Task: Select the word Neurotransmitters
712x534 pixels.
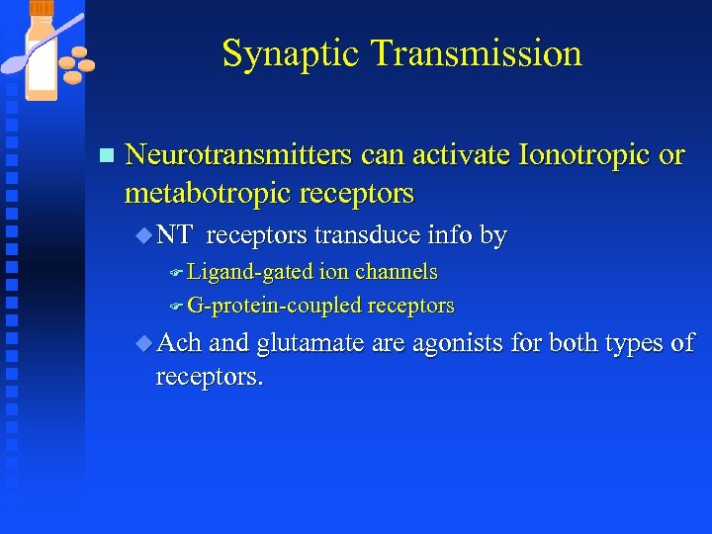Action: [x=238, y=155]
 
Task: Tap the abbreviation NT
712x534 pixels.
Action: [x=174, y=235]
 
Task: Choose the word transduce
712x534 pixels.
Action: [x=369, y=235]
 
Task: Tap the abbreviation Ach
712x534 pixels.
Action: [x=179, y=343]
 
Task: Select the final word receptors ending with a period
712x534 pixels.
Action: [x=209, y=377]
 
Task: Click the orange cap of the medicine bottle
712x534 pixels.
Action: [x=41, y=8]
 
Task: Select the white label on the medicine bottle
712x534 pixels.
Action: [x=41, y=65]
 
